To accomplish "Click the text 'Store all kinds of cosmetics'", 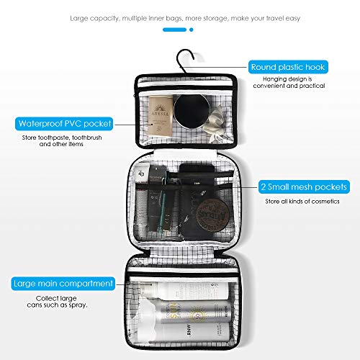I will point(303,201).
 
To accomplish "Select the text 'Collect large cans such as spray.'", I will point(66,301).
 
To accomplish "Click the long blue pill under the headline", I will point(174,30).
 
